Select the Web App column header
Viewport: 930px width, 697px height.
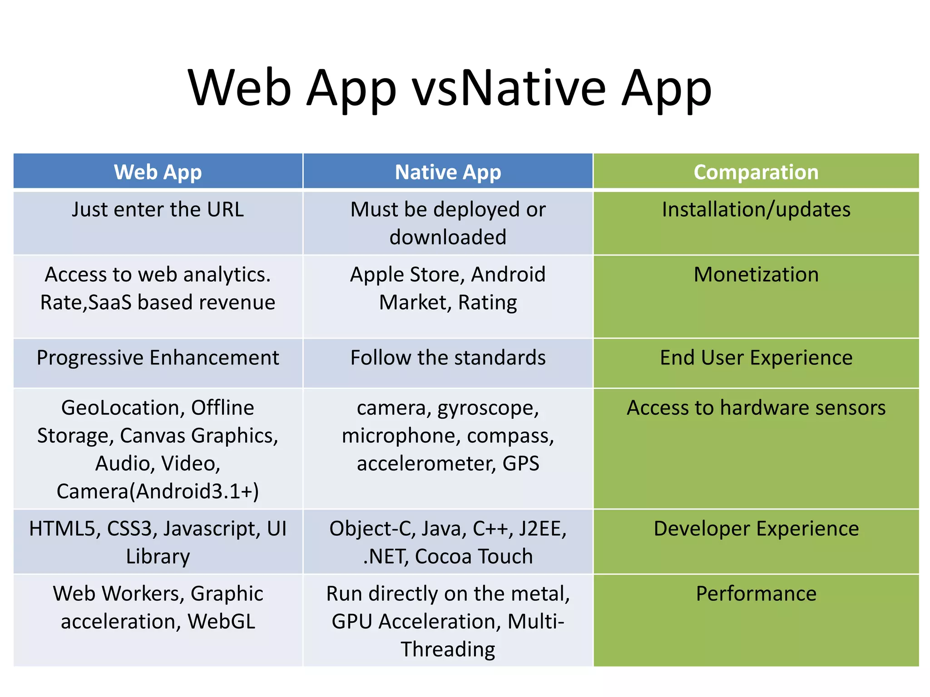click(158, 172)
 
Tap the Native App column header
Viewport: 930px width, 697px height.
click(448, 172)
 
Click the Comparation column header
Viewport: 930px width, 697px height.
click(756, 172)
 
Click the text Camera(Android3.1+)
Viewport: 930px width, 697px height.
click(158, 491)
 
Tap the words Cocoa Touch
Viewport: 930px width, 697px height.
click(474, 556)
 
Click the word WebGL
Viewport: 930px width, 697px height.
click(222, 621)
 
